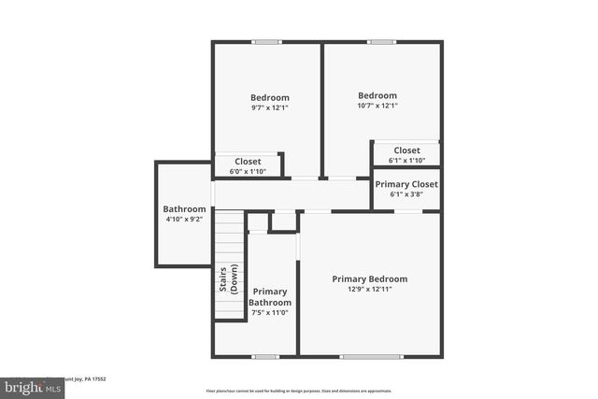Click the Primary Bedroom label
(x=370, y=278)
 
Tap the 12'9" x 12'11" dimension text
(x=370, y=290)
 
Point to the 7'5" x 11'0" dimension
(x=270, y=313)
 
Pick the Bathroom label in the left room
(x=184, y=209)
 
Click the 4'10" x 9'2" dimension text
(x=184, y=220)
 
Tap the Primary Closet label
(x=406, y=184)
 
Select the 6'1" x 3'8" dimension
(x=406, y=195)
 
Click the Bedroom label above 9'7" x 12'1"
(x=269, y=97)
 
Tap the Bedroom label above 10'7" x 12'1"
(x=377, y=95)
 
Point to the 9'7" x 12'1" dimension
(x=269, y=107)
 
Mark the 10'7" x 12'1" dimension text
(x=377, y=106)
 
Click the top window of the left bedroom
(x=266, y=41)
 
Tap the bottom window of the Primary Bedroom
(x=372, y=356)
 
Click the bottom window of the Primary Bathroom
(x=265, y=356)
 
